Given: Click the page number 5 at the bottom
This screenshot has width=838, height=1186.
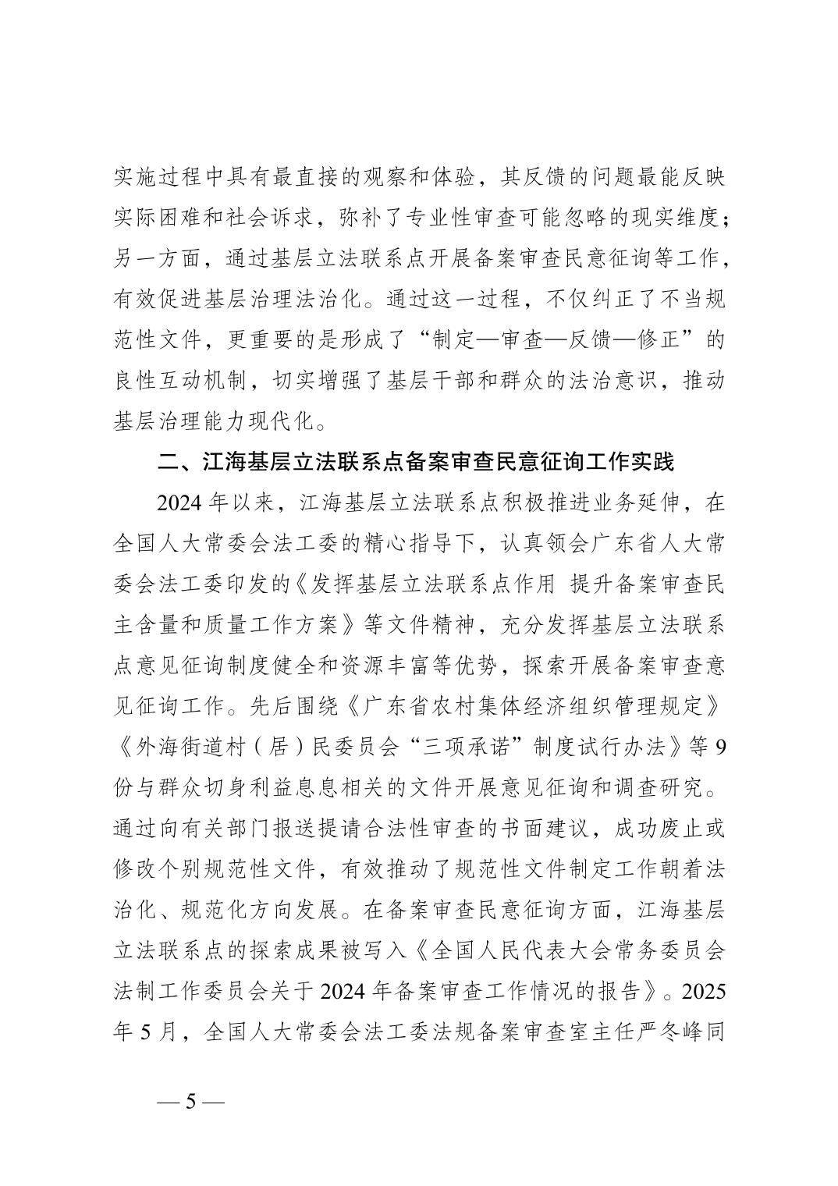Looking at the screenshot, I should pos(190,1103).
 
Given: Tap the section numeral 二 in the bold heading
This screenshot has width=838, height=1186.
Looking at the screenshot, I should pos(169,462).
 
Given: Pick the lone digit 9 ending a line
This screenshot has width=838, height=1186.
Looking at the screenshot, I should pos(719,747).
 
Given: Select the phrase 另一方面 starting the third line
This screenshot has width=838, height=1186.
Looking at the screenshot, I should pos(158,258).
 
